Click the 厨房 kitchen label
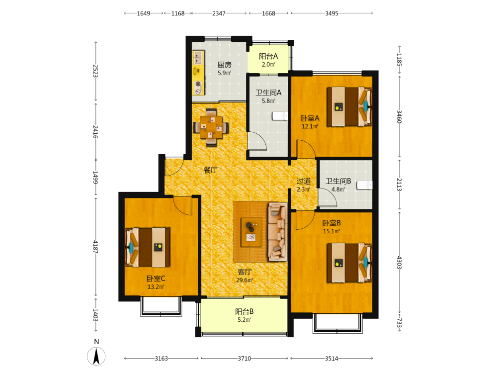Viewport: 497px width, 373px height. click(225, 65)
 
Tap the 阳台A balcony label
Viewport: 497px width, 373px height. click(268, 57)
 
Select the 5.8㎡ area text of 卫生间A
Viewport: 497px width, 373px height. click(268, 101)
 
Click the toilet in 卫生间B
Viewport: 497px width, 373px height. click(364, 185)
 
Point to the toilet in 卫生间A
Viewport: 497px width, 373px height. click(280, 116)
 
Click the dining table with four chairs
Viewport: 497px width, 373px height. click(211, 127)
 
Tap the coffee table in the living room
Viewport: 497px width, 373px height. click(251, 232)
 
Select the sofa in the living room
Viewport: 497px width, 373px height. click(278, 232)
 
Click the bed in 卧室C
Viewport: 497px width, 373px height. click(148, 247)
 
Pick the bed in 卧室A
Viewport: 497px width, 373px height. click(349, 106)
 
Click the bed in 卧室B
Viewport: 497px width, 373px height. click(349, 263)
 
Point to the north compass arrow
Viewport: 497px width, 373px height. click(96, 356)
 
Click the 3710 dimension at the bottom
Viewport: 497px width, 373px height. click(245, 359)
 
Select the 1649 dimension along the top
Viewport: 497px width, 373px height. click(144, 13)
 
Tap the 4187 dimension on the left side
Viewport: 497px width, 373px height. click(95, 247)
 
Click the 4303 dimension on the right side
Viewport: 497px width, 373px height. click(400, 263)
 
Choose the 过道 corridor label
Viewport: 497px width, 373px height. click(303, 181)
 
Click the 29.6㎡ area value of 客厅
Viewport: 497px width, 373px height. click(245, 280)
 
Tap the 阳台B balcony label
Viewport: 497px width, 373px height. click(244, 311)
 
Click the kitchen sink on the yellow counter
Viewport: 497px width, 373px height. click(198, 58)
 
